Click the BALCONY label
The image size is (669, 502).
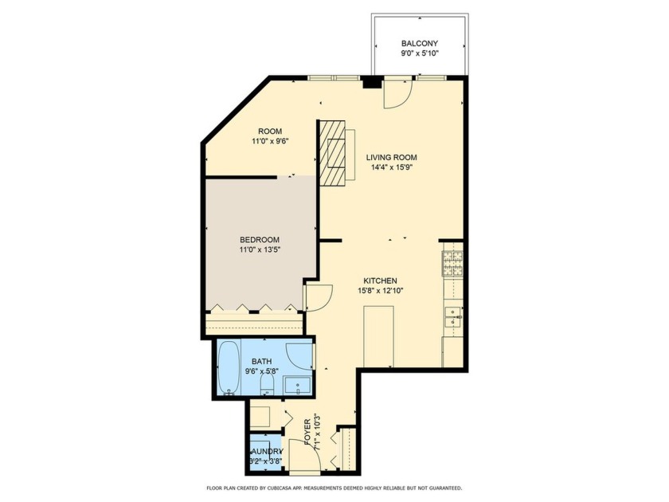[419, 44]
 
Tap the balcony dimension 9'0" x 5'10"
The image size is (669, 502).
[419, 54]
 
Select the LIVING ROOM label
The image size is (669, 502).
[391, 157]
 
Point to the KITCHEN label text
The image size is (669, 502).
[380, 280]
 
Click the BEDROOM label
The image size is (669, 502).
[260, 240]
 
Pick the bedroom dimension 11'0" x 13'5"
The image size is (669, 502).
[260, 250]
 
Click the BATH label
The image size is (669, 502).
[251, 360]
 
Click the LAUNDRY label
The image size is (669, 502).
[264, 450]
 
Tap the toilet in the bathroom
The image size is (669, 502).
[268, 386]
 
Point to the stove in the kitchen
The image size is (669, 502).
[452, 263]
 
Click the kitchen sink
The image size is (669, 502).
[452, 317]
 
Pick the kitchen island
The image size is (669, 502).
[378, 335]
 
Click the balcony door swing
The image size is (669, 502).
[396, 94]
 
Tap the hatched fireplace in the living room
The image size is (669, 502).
[334, 151]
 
